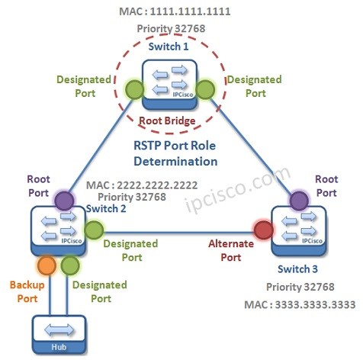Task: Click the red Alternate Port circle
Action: click(x=263, y=230)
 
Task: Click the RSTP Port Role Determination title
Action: click(x=175, y=154)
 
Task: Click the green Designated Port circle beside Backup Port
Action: click(x=70, y=266)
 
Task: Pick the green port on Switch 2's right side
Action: click(x=93, y=230)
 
